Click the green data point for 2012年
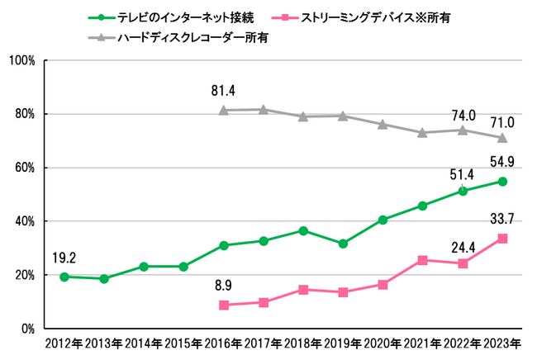coord(64,277)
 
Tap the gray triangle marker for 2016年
coord(224,110)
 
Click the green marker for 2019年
coord(343,244)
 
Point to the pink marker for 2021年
coord(423,260)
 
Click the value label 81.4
coord(223,91)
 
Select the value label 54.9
coord(501,162)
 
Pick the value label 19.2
coord(64,257)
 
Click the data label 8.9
coord(224,287)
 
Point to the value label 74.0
coord(462,111)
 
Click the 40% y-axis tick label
coord(22,221)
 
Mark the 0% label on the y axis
coord(26,329)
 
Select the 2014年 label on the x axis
coord(144,343)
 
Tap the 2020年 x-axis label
coord(383,343)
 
